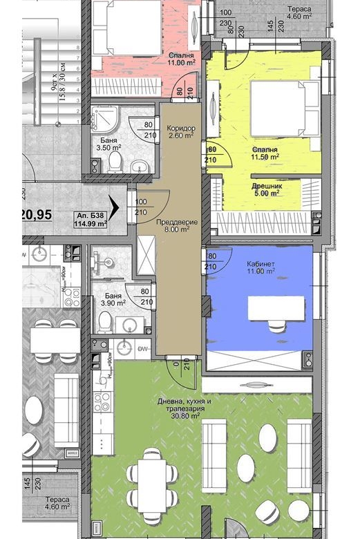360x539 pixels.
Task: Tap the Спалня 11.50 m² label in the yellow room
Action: [265, 153]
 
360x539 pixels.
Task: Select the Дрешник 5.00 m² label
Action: [265, 189]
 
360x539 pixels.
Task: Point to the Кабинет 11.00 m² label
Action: [260, 268]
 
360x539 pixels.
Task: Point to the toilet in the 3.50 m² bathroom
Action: [115, 162]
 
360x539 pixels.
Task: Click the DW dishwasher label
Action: [144, 349]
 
